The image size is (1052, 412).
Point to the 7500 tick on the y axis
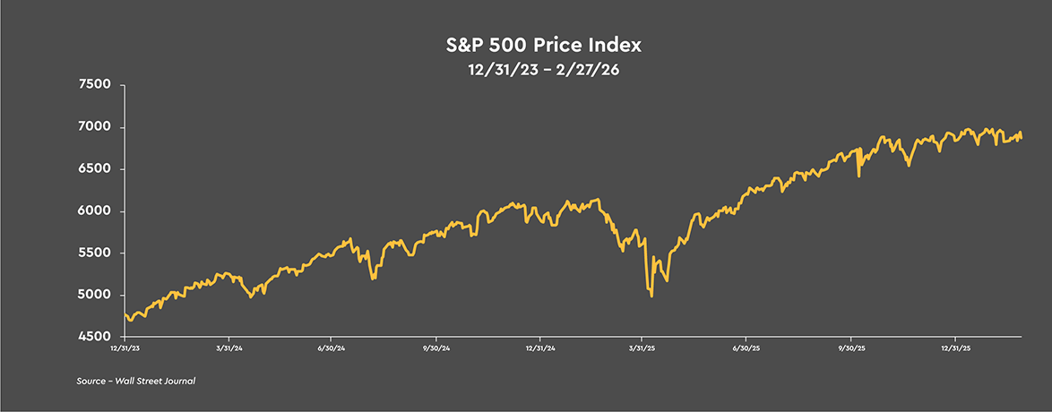pyautogui.click(x=94, y=85)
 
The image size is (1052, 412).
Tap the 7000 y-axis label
pyautogui.click(x=94, y=127)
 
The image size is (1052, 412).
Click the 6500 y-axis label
pyautogui.click(x=94, y=169)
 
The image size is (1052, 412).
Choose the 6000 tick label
pyautogui.click(x=94, y=211)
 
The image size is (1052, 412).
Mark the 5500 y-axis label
pyautogui.click(x=94, y=253)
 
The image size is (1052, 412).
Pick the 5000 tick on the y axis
pyautogui.click(x=94, y=296)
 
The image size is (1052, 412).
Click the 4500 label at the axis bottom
pyautogui.click(x=94, y=337)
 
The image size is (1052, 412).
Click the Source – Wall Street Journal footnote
pyautogui.click(x=136, y=382)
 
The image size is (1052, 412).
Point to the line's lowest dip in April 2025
pyautogui.click(x=651, y=296)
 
